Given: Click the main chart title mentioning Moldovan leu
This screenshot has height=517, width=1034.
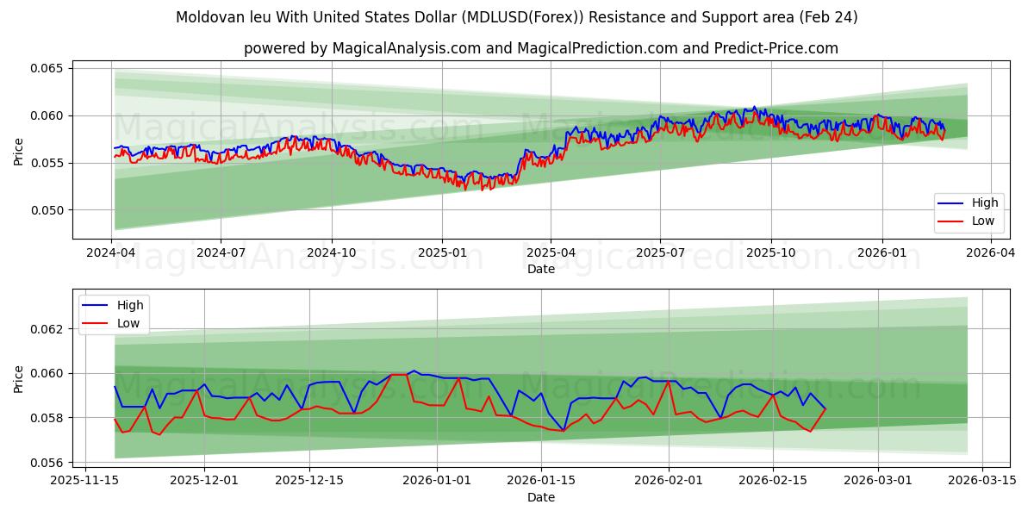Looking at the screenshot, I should pyautogui.click(x=517, y=17).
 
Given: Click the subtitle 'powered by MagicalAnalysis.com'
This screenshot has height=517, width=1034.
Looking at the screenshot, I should pyautogui.click(x=540, y=48).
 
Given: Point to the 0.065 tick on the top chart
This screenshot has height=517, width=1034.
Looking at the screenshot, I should pyautogui.click(x=47, y=68).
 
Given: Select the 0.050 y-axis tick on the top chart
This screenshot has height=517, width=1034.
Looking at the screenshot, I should pyautogui.click(x=47, y=210).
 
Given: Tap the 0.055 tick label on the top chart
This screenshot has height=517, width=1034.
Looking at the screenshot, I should pyautogui.click(x=47, y=163).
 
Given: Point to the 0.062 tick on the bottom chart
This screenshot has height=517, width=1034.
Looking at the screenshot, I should pyautogui.click(x=47, y=329).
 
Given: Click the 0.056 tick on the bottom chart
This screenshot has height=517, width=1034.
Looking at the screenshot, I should pyautogui.click(x=47, y=463).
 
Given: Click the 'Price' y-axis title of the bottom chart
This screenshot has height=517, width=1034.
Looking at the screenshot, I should pyautogui.click(x=18, y=379).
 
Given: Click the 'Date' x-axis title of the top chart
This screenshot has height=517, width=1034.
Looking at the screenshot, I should pyautogui.click(x=542, y=269).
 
